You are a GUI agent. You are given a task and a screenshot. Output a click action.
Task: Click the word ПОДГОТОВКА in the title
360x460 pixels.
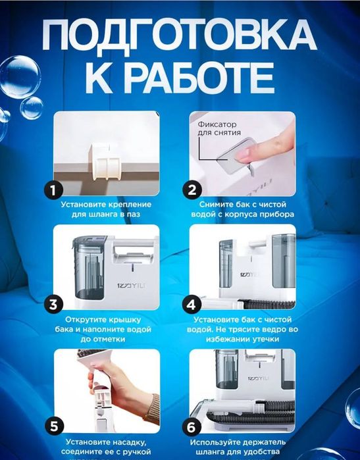(180, 36)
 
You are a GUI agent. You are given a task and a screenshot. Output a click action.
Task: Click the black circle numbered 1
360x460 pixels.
(54, 190)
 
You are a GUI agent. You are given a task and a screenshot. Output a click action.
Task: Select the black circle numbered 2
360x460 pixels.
(192, 190)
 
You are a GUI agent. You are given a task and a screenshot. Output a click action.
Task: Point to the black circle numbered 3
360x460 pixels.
(54, 304)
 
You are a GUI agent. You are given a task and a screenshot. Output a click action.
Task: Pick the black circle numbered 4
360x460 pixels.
(192, 304)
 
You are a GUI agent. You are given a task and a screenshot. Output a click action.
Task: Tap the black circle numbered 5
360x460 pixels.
(54, 426)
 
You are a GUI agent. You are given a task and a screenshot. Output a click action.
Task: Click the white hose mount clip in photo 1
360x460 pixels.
(105, 161)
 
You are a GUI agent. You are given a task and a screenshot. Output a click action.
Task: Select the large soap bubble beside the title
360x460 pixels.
(19, 76)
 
